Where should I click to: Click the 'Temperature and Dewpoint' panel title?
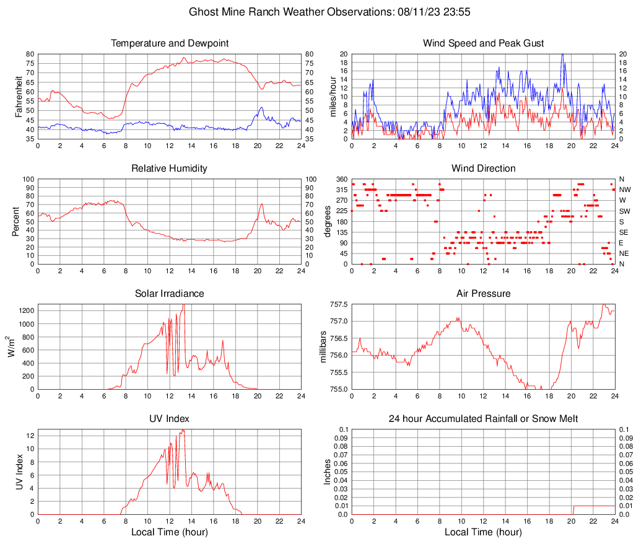click(x=170, y=43)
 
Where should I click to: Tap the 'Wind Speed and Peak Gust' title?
click(x=483, y=43)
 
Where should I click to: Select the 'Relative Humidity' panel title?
click(x=170, y=169)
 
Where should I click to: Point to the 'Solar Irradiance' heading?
click(x=170, y=294)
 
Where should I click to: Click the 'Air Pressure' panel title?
click(x=483, y=294)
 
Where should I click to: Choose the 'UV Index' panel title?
click(x=170, y=419)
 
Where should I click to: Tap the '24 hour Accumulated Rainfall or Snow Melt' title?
click(x=483, y=419)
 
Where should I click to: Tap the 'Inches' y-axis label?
click(x=328, y=472)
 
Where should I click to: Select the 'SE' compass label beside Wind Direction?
click(x=623, y=232)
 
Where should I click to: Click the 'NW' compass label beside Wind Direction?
click(x=624, y=190)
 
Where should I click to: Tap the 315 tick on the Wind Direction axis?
click(x=342, y=190)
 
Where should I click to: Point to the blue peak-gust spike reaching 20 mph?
click(x=562, y=55)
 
